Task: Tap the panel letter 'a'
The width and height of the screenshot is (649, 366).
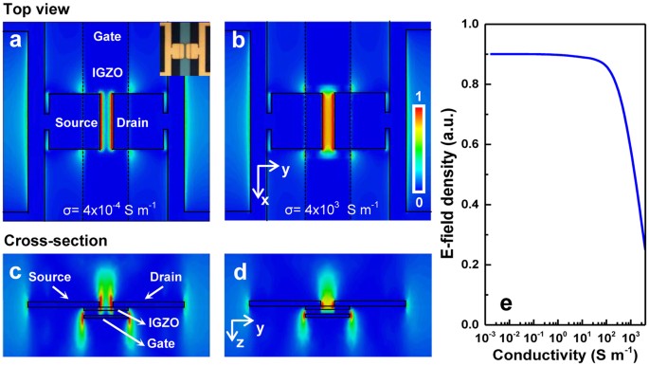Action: [x=15, y=41]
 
